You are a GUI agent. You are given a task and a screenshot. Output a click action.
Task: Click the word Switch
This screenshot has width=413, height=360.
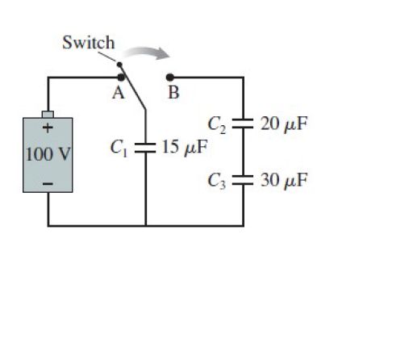click(x=89, y=43)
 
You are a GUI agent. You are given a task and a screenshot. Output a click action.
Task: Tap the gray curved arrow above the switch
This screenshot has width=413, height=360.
click(x=148, y=52)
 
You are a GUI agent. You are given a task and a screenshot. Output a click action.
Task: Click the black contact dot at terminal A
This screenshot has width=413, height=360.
click(x=121, y=77)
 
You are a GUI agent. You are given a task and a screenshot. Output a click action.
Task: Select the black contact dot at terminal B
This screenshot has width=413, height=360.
click(x=170, y=77)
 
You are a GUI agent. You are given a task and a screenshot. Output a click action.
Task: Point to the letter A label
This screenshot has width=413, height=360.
click(x=119, y=93)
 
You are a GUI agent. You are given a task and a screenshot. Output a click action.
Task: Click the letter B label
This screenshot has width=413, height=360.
click(x=173, y=93)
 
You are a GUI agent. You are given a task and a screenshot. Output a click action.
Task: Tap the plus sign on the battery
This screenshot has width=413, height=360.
click(x=48, y=128)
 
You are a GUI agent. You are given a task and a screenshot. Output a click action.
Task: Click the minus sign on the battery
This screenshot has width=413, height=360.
click(x=48, y=184)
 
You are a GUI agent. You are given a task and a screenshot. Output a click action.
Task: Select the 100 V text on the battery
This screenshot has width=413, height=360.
click(x=48, y=154)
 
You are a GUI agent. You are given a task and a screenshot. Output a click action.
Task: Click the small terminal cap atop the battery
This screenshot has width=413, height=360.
click(x=48, y=115)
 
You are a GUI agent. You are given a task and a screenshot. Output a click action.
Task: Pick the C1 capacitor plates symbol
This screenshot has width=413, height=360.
click(x=145, y=148)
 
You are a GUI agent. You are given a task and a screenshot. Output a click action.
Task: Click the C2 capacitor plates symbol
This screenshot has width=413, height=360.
click(x=243, y=123)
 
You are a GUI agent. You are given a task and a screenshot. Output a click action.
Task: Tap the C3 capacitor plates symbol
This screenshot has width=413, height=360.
click(x=243, y=180)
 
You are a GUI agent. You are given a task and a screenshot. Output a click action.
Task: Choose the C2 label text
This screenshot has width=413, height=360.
click(x=216, y=125)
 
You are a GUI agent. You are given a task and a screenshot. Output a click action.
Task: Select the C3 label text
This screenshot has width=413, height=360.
click(x=216, y=181)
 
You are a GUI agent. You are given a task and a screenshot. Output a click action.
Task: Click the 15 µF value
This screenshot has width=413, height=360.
click(x=185, y=148)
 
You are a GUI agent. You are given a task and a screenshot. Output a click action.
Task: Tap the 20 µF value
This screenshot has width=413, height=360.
click(x=284, y=124)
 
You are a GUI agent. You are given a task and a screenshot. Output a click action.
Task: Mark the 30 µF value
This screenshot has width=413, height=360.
click(x=284, y=180)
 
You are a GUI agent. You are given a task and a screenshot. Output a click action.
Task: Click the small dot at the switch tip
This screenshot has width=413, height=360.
click(x=119, y=65)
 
